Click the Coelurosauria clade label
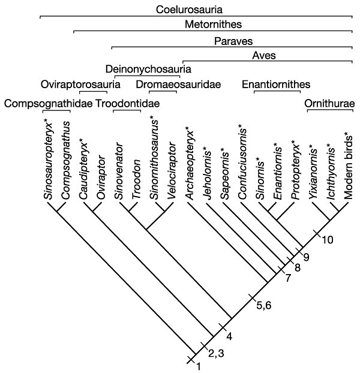point(189,10)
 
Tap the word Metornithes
point(213,24)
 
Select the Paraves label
point(233,41)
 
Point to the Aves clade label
point(264,56)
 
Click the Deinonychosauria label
point(148,69)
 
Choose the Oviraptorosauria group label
point(80,85)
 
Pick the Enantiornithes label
point(276,85)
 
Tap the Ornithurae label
point(329,104)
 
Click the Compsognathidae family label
point(49,104)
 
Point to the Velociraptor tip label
point(172,171)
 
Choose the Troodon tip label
point(136,179)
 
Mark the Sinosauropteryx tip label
point(49,159)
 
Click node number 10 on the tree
point(327,240)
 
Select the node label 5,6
point(264,305)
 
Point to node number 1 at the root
point(198,366)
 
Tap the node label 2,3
point(216,353)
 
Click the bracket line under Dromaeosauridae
point(163,92)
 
